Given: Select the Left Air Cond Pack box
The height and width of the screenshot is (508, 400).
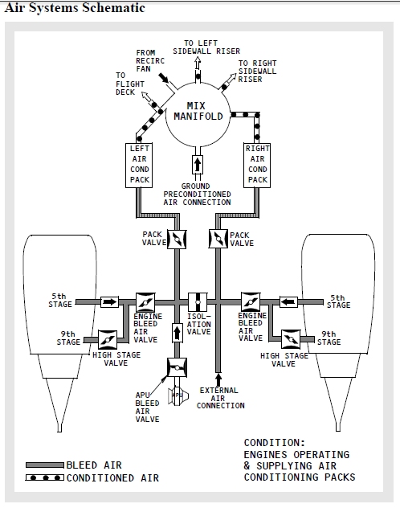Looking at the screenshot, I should click(141, 165).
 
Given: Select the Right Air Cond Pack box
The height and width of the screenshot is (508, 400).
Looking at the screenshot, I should click(258, 165).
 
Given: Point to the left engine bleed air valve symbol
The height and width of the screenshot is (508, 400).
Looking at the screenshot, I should click(145, 302).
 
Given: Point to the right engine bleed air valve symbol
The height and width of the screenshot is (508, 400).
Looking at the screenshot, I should click(251, 302).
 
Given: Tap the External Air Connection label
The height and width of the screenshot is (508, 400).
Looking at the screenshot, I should click(221, 398).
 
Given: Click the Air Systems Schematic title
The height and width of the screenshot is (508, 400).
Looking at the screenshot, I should click(76, 8).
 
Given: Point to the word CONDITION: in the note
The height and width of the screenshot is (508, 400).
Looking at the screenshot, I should click(275, 442).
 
